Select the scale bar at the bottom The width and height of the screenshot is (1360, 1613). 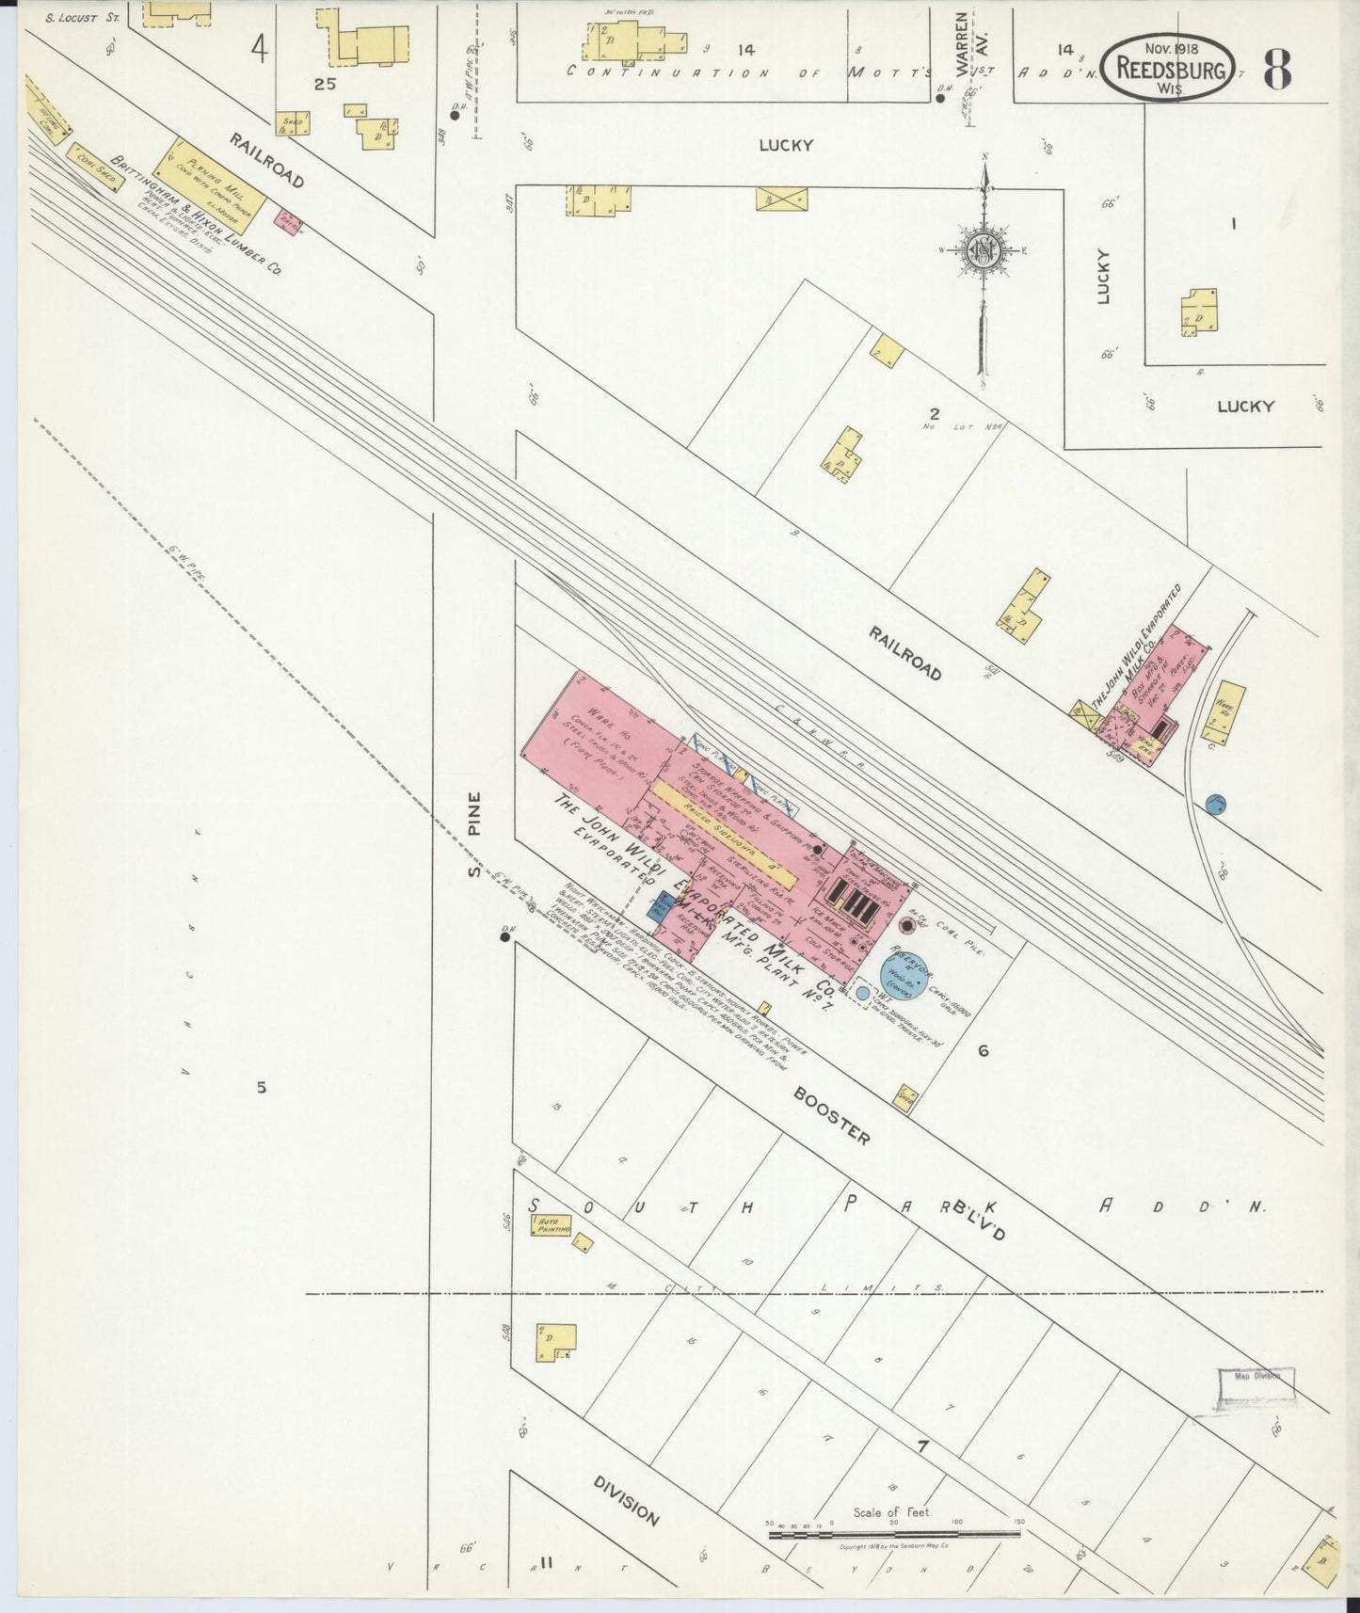click(x=894, y=1534)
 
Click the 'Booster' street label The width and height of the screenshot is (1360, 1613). click(x=831, y=1116)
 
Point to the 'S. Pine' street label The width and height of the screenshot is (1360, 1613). click(x=475, y=833)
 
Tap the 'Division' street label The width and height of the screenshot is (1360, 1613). click(x=626, y=1499)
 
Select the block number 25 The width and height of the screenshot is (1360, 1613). click(x=326, y=84)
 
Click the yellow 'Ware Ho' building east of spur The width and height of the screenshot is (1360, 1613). click(x=1228, y=712)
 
